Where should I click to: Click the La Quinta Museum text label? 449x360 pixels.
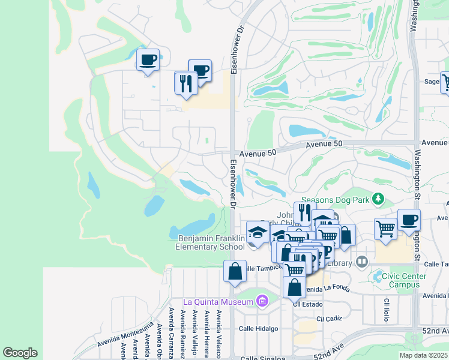(x=218, y=301)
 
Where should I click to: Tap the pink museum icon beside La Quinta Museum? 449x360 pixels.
(x=261, y=300)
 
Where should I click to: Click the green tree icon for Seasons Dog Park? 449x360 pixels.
(x=378, y=199)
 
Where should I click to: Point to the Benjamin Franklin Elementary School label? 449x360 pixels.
(x=210, y=242)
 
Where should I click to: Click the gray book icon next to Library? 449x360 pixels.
(x=361, y=262)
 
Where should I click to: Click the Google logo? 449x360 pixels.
(x=20, y=353)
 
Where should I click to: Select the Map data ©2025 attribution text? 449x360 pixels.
(x=424, y=355)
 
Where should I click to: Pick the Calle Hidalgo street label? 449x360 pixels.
(x=259, y=328)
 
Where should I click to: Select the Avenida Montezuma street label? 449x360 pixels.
(x=125, y=337)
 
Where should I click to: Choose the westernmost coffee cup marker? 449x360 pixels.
(x=148, y=60)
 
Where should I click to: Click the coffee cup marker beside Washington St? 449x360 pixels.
(x=409, y=220)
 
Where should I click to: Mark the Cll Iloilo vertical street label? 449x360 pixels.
(x=385, y=309)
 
